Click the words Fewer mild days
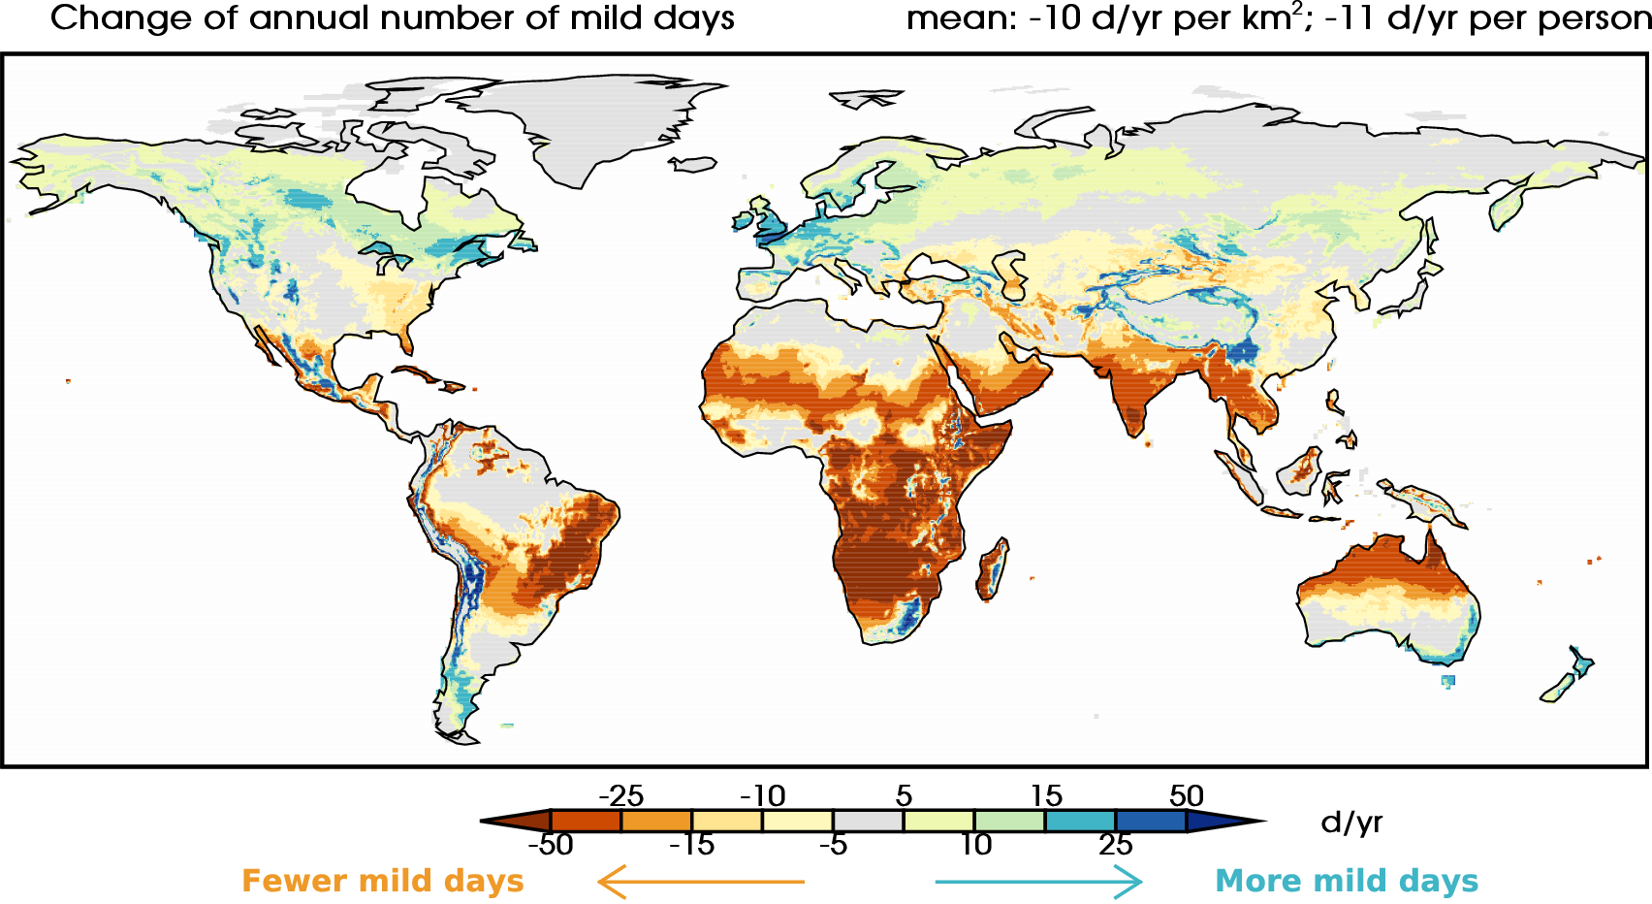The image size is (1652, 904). tap(384, 882)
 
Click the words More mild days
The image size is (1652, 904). tap(1347, 882)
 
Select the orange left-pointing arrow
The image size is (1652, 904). tap(700, 882)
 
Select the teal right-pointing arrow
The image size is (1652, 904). tap(1038, 882)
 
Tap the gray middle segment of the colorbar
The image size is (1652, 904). tap(868, 821)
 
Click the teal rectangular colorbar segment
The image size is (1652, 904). tap(1080, 821)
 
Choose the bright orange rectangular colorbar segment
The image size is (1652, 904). tap(656, 821)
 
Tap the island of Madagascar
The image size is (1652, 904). tap(992, 570)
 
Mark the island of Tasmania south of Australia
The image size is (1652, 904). tap(1447, 681)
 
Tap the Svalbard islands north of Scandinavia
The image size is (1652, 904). tap(866, 98)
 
